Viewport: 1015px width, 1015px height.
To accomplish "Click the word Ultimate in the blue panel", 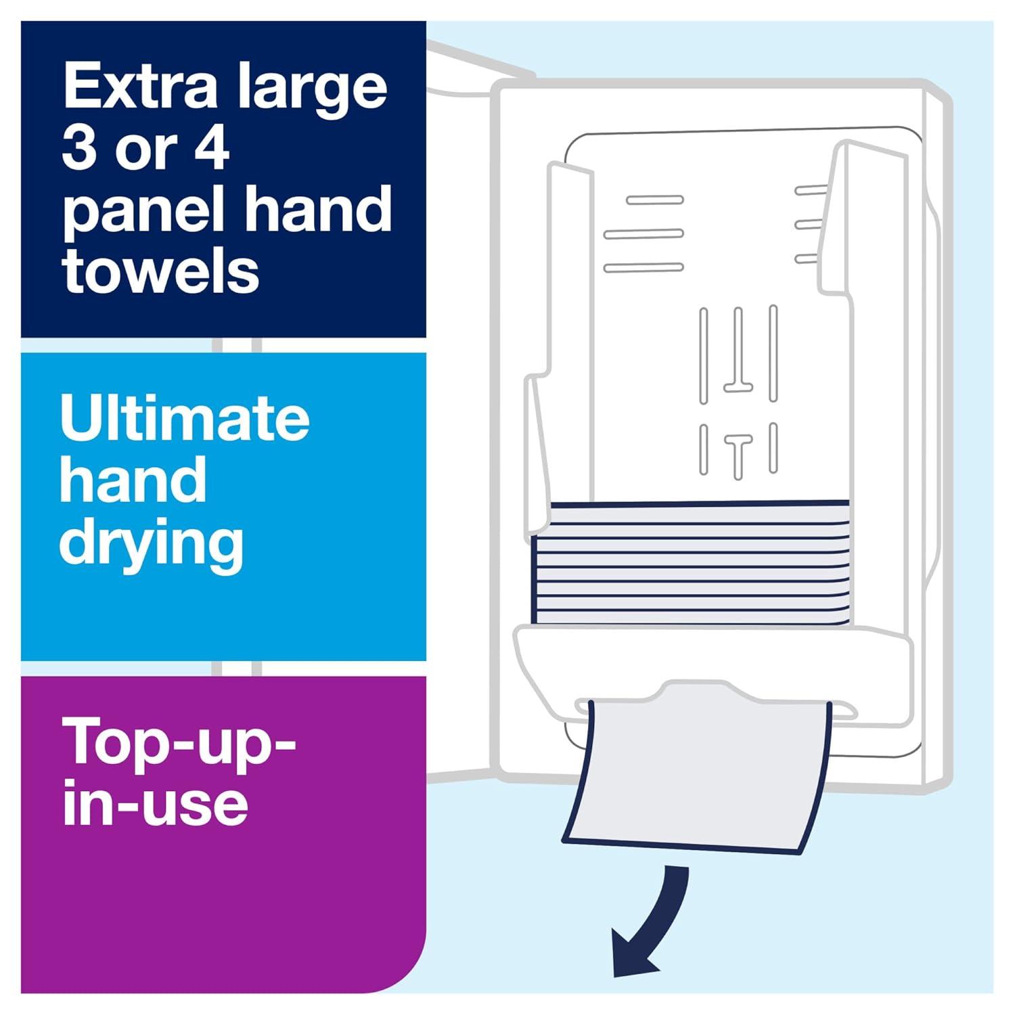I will [x=185, y=418].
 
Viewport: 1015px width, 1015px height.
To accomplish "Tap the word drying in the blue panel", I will [x=152, y=545].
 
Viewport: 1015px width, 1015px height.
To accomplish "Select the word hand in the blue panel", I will [x=133, y=480].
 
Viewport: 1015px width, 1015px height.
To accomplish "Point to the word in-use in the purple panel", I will [x=155, y=803].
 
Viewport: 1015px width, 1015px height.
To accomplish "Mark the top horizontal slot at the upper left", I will [x=654, y=200].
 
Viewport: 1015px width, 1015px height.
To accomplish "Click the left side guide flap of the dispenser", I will [x=555, y=338].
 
